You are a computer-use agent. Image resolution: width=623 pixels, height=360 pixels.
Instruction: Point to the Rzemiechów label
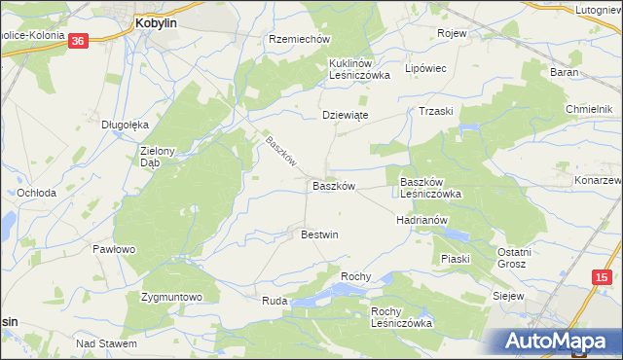coord(300,39)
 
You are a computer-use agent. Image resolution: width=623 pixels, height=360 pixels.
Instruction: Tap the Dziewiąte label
coord(345,115)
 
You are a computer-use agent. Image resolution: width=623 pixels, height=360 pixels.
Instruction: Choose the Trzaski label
coord(437,111)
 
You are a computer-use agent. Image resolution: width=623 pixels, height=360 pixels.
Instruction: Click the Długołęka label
coord(125,125)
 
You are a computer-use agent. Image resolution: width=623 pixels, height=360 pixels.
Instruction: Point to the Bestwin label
coord(319,234)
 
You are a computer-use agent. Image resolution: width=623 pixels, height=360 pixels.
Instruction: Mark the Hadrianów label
coord(421,221)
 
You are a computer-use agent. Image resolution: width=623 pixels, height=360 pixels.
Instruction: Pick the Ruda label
coord(274,302)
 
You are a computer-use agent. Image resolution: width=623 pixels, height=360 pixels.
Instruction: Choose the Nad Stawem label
coord(106,343)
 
